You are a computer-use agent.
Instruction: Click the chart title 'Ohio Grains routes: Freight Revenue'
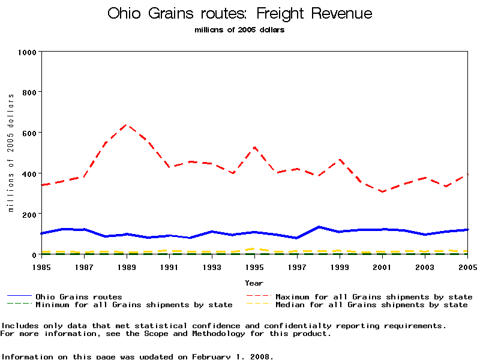coord(239,14)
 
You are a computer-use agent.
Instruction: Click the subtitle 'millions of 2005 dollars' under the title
coord(239,30)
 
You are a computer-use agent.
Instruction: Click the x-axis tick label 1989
coord(127,266)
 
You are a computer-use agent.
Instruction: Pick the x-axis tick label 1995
coord(254,266)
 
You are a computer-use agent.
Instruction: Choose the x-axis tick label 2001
coord(382,266)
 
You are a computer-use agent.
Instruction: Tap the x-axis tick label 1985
coord(41,266)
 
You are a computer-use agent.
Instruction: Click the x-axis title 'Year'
coord(254,283)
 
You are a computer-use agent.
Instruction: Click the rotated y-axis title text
coord(11,152)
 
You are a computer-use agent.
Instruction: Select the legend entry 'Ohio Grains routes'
coord(79,296)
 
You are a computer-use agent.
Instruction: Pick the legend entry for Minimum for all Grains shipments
coord(133,305)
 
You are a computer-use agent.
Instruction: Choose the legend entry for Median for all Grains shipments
coord(371,305)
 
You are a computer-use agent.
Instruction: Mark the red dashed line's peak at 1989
coord(127,125)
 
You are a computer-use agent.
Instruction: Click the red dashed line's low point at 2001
coord(382,192)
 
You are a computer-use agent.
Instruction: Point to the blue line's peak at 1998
coord(319,227)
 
